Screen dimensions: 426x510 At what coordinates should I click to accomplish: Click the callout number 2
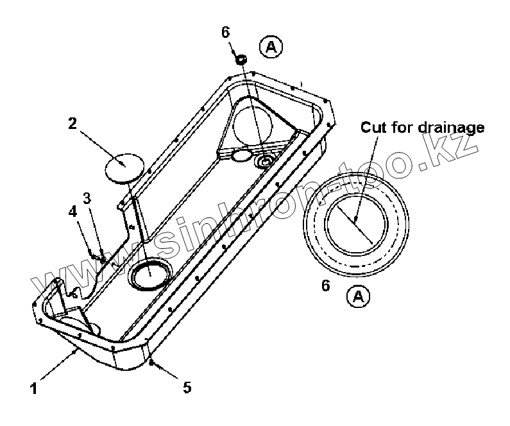(x=72, y=123)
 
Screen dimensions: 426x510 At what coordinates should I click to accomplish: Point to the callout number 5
(x=186, y=387)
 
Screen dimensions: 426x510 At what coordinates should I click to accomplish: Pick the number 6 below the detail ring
(x=325, y=285)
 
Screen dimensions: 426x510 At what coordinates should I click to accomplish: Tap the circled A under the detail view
(x=358, y=296)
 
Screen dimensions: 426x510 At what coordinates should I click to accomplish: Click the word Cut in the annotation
(x=373, y=127)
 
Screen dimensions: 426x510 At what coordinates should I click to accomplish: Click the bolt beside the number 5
(x=151, y=364)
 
